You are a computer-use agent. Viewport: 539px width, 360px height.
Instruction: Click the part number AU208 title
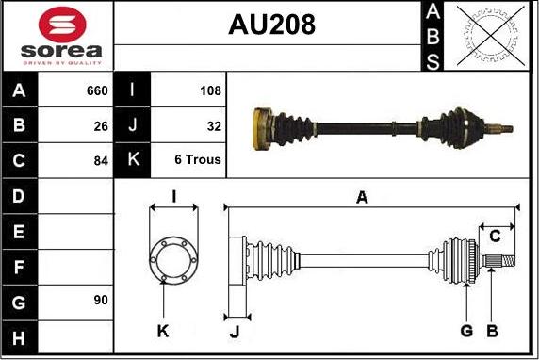point(271,25)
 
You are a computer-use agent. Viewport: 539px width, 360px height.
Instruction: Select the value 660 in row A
point(97,90)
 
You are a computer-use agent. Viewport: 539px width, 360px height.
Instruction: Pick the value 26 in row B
point(100,125)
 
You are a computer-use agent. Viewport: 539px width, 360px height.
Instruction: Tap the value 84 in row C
point(100,160)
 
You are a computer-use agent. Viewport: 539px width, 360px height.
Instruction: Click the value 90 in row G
point(100,300)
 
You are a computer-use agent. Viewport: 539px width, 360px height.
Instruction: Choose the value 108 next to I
point(210,90)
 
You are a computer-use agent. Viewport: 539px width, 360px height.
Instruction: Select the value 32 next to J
point(213,125)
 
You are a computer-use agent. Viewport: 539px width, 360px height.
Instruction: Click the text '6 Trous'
point(198,160)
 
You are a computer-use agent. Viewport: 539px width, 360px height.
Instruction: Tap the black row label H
point(20,336)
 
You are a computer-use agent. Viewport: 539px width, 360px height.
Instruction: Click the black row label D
point(20,196)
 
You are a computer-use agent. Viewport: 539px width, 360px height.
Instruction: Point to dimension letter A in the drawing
point(362,196)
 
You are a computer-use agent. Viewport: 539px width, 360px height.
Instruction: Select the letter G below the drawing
point(465,331)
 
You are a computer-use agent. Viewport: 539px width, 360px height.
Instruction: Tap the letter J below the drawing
point(236,331)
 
